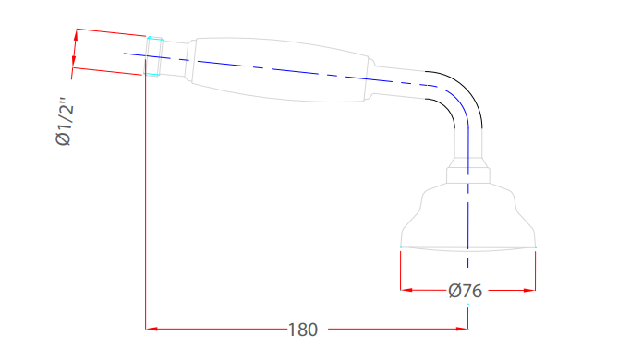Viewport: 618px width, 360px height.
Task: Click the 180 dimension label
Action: point(303,330)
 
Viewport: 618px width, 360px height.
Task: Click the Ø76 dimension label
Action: point(465,291)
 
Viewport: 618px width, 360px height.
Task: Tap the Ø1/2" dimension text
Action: point(65,121)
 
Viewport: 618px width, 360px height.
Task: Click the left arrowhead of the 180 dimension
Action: point(151,329)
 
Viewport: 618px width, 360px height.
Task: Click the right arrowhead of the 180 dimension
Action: point(462,329)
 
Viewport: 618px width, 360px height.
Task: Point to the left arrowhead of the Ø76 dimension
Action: point(406,290)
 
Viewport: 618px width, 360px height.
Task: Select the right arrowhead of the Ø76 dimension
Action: point(529,290)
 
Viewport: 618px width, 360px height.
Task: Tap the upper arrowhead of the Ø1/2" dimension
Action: point(76,35)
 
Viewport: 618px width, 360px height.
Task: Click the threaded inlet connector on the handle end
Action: point(154,56)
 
